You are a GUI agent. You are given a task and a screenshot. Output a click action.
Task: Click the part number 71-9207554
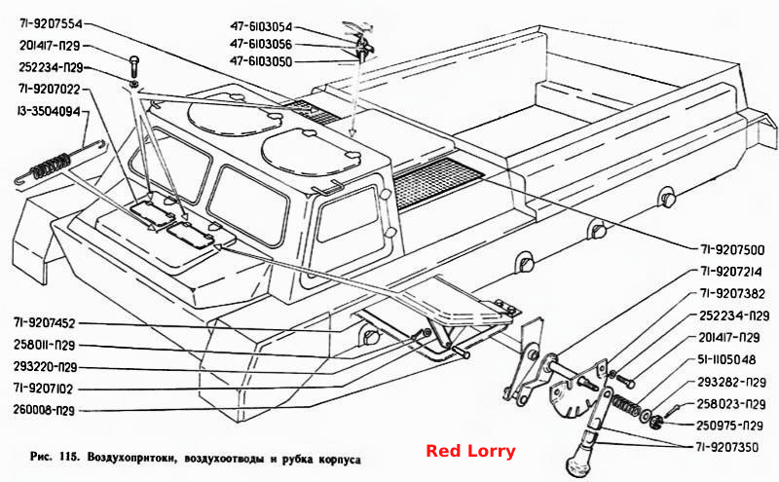51,23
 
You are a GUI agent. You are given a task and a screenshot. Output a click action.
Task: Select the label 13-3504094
48,111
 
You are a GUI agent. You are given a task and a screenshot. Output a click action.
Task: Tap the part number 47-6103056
261,44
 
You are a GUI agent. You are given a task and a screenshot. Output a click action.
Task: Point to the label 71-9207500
732,250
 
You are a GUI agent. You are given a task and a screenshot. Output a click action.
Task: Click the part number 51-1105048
726,359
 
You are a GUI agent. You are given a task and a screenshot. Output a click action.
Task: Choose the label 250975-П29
729,426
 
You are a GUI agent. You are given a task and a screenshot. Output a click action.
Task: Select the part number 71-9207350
726,447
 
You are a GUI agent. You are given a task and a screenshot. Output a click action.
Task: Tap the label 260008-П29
44,411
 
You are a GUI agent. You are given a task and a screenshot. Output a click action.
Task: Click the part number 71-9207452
44,323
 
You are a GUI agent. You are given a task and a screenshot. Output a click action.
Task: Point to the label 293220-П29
45,367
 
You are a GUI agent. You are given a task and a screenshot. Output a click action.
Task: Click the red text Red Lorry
470,451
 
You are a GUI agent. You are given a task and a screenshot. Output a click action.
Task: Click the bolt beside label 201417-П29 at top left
133,63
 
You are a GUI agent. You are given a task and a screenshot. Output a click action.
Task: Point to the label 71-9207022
50,90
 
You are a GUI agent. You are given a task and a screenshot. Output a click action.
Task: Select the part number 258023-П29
731,404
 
